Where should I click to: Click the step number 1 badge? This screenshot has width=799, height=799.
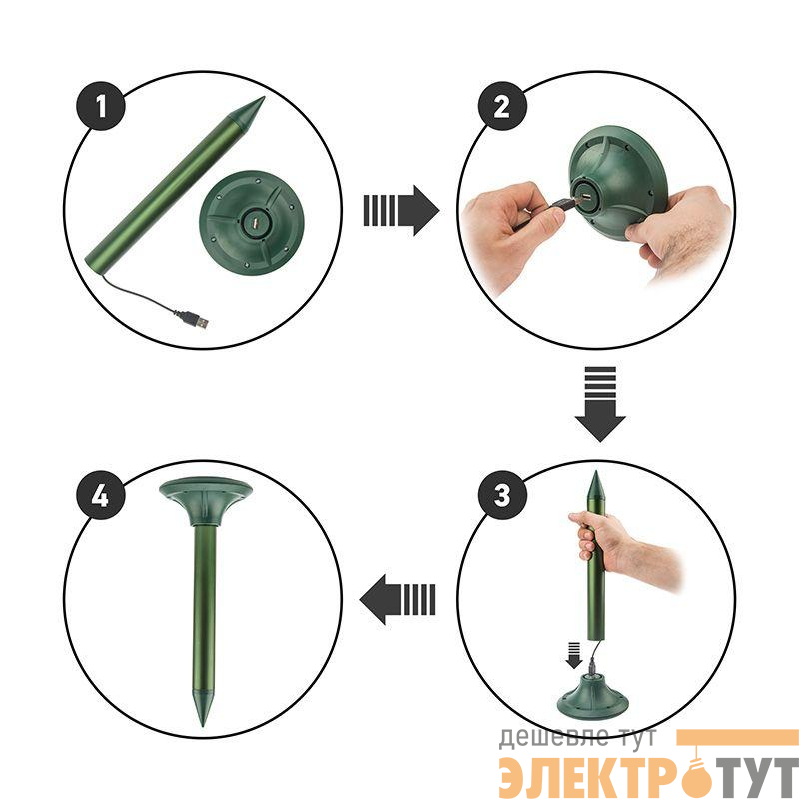(x=101, y=106)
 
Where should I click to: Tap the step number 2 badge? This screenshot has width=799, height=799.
(x=502, y=106)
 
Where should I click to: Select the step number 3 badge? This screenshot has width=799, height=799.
(x=502, y=495)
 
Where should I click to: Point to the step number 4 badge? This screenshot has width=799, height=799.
(x=101, y=495)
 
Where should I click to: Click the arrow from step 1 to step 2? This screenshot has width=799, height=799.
(x=401, y=210)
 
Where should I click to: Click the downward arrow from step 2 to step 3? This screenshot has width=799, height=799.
(x=600, y=403)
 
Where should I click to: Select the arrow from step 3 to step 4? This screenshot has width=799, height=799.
(x=398, y=599)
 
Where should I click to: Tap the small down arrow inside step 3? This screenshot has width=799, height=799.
(x=573, y=655)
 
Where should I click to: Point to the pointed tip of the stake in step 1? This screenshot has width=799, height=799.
(x=264, y=97)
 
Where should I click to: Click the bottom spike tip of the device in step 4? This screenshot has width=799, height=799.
(x=204, y=725)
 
